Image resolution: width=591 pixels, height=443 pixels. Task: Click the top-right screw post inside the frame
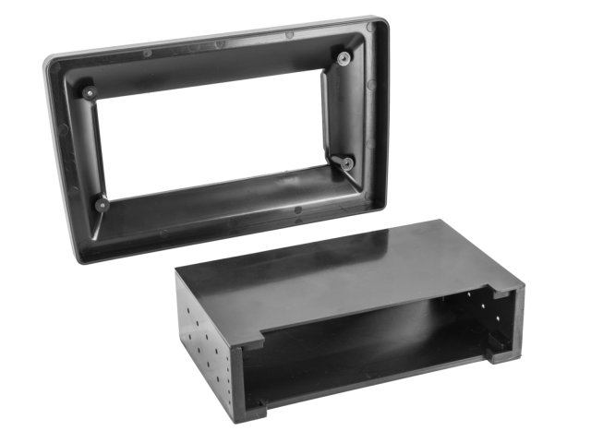(x=344, y=60)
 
